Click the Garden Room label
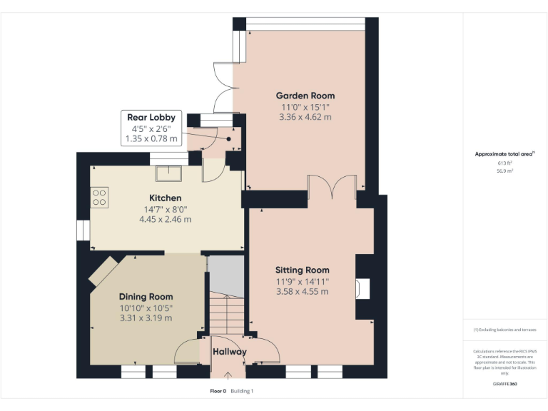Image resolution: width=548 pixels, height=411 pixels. (305, 96)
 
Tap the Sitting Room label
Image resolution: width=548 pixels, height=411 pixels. (303, 270)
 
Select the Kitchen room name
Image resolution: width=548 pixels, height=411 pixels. (165, 198)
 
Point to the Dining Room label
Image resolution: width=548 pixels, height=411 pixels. (146, 296)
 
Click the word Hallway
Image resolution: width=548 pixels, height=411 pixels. (229, 352)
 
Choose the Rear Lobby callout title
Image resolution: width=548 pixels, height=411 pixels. (151, 117)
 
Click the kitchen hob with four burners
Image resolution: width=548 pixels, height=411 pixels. (100, 196)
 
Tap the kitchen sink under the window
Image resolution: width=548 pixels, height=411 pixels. (170, 172)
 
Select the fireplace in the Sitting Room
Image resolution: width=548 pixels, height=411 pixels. (363, 288)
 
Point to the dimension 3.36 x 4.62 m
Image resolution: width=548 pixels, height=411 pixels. (305, 117)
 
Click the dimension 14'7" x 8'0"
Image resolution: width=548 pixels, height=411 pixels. (165, 209)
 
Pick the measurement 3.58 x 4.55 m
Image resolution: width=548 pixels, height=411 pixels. (303, 291)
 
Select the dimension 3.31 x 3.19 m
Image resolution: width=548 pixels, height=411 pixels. (146, 318)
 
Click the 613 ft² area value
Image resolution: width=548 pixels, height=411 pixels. (505, 163)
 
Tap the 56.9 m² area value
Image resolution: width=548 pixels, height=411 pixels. (505, 171)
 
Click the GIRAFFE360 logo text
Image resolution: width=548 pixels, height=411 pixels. (505, 384)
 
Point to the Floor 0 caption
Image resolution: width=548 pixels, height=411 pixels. (218, 391)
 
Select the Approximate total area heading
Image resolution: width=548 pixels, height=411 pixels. (504, 153)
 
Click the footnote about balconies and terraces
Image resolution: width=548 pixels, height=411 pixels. (504, 330)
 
